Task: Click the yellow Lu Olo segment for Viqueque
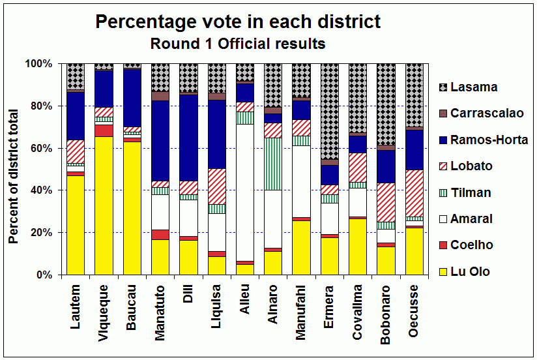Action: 104,205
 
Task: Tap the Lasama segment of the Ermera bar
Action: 329,111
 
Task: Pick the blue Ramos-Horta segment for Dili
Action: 188,138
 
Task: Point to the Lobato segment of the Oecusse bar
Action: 413,193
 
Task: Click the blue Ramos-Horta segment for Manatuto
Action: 160,141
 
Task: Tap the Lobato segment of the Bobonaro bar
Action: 385,202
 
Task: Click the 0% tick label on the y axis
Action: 42,275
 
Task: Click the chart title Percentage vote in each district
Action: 238,22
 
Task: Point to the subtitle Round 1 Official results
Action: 238,44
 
